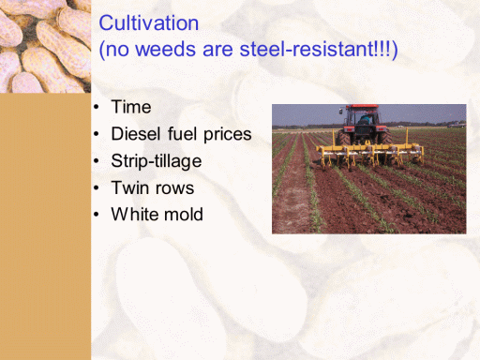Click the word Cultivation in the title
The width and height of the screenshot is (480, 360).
(x=149, y=23)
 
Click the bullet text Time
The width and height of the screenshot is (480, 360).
(x=131, y=107)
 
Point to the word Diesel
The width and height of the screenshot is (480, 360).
(x=136, y=134)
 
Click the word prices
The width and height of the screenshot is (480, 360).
(x=228, y=135)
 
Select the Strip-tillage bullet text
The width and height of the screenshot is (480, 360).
(x=157, y=161)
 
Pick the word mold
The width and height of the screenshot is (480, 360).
(x=184, y=215)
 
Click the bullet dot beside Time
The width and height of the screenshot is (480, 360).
(x=97, y=107)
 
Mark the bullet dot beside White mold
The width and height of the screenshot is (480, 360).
(x=97, y=215)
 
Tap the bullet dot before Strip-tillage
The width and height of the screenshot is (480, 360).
(x=97, y=161)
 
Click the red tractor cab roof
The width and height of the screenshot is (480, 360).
(x=363, y=107)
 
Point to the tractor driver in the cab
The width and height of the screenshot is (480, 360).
(x=365, y=118)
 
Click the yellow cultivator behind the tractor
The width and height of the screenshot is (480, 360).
(x=370, y=152)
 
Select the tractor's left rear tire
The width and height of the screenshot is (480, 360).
(x=343, y=138)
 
